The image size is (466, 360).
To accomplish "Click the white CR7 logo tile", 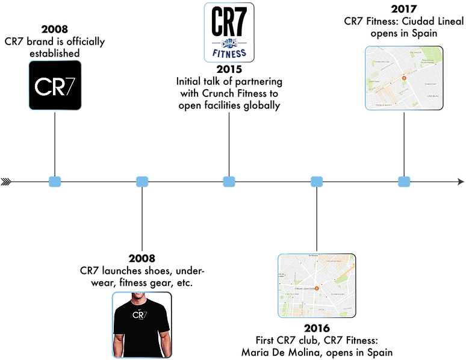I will point(54,85).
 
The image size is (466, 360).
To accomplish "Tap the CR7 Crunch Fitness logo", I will point(229,32).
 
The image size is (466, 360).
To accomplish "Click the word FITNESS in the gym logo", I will point(229,54).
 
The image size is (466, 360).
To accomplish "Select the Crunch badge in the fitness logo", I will point(229,44).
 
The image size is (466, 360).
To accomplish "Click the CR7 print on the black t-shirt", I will point(140,315).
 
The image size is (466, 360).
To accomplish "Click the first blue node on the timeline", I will point(55,181).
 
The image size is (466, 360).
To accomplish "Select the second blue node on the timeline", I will point(142,181).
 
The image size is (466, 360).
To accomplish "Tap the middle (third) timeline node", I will point(229,181).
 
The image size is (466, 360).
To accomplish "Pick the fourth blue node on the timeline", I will point(317,181).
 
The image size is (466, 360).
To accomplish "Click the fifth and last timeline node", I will point(404,181).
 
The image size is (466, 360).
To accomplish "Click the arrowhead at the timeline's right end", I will point(459,181).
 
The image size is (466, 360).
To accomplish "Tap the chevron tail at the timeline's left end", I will point(7,181).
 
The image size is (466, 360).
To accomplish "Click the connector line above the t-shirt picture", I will point(141,220).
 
